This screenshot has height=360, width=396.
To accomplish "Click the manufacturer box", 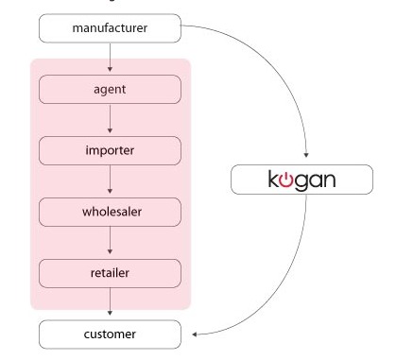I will (x=110, y=28).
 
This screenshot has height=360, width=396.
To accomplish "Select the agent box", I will (x=110, y=90).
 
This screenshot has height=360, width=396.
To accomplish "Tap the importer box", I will (x=110, y=150).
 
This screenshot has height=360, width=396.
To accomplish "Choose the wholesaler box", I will (x=110, y=212).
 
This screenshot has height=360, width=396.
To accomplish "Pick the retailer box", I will (x=110, y=273).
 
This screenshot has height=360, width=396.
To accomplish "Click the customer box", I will (x=110, y=334).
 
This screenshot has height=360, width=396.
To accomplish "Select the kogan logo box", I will (x=303, y=180).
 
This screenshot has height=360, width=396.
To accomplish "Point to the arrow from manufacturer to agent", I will (x=111, y=59).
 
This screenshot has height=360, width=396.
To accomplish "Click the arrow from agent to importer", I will (x=111, y=120).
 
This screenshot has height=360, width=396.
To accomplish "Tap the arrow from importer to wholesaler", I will (x=111, y=181).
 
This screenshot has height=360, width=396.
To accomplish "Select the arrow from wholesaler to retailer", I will (x=111, y=242).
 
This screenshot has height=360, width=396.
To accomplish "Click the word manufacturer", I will (x=110, y=28).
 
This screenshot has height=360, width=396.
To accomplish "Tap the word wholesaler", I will (x=110, y=212).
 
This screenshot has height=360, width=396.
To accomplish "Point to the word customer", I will (x=110, y=334).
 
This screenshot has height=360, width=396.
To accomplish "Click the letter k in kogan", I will (x=274, y=180).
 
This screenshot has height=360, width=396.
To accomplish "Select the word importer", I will (x=110, y=150).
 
